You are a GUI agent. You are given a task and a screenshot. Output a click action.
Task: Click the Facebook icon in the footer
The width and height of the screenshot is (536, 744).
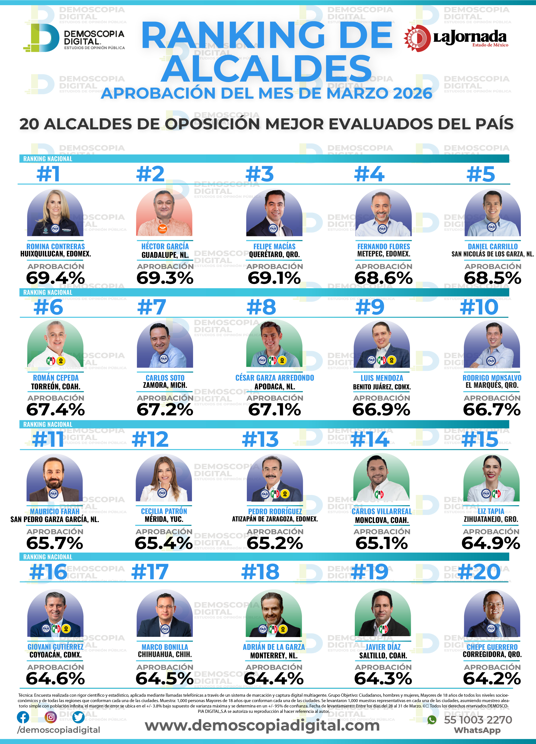point(23,717)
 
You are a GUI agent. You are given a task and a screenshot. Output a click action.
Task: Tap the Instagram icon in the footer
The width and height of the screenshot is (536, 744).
point(50,717)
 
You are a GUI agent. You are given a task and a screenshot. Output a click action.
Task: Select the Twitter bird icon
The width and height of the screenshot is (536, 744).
point(78,717)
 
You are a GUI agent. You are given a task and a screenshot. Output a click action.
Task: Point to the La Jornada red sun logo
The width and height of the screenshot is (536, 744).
point(417,38)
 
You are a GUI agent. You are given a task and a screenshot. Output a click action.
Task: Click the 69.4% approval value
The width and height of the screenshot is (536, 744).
point(55,278)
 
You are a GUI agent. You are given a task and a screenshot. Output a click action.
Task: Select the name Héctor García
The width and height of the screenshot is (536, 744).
point(165,246)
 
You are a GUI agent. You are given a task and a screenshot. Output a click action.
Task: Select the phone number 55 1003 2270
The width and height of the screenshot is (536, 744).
point(478,720)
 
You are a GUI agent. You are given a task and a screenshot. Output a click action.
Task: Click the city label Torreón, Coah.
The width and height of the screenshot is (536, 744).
point(55,386)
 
